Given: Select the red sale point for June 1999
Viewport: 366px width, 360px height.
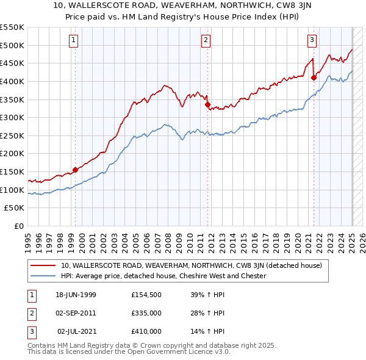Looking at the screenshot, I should click(x=76, y=170).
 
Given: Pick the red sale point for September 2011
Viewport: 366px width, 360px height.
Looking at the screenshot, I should click(x=208, y=104).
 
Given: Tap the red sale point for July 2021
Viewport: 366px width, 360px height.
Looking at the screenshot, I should click(x=314, y=77).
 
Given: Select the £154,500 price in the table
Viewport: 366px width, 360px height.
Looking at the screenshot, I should click(x=146, y=295).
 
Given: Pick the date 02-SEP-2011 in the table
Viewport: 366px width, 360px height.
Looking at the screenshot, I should click(x=76, y=313).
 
